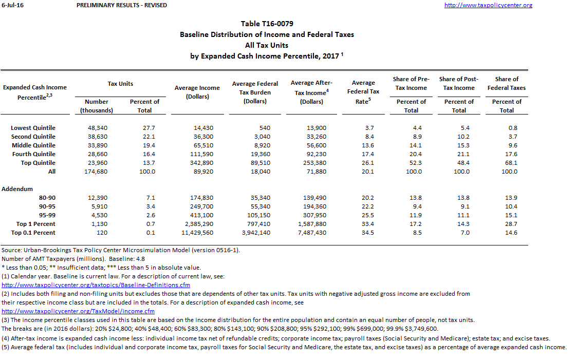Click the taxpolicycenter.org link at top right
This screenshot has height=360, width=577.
pos(488,5)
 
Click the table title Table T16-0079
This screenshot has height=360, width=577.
pos(267,24)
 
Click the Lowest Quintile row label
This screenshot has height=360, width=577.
pos(33,128)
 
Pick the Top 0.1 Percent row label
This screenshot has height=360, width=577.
pos(33,233)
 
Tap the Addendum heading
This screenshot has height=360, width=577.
pos(17,189)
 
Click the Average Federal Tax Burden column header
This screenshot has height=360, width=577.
pos(255,92)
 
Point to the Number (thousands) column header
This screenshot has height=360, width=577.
pos(97,106)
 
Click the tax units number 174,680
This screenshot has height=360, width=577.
pos(97,172)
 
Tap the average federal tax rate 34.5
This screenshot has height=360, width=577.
pos(368,233)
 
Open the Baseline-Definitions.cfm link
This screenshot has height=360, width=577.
pos(96,285)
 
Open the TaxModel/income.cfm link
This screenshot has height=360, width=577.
pos(78,311)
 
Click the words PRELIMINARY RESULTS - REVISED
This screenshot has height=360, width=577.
pos(121,5)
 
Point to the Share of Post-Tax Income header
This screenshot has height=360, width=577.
pos(459,83)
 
